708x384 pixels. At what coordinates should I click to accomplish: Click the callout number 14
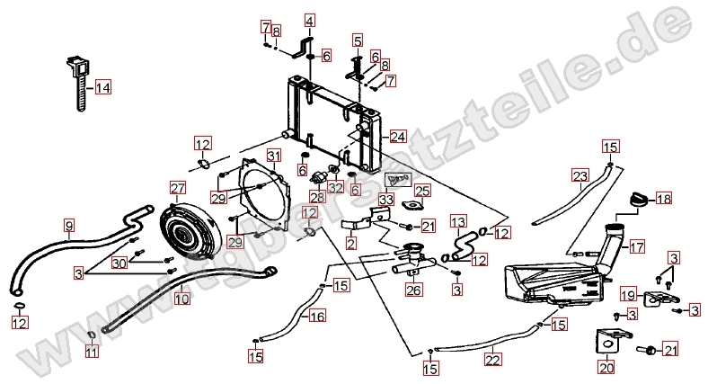103,88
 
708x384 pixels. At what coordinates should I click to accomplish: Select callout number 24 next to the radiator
398,137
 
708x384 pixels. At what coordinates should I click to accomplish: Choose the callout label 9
69,223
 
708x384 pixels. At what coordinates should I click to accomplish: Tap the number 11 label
91,353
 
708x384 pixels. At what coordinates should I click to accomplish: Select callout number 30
119,263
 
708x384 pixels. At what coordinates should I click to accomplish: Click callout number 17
636,246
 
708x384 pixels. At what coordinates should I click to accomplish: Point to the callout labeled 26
413,290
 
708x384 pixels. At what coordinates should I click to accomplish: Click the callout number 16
317,317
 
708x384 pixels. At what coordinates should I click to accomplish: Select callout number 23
580,175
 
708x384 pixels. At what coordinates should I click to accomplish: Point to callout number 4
309,20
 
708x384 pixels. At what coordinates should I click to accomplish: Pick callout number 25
421,190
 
